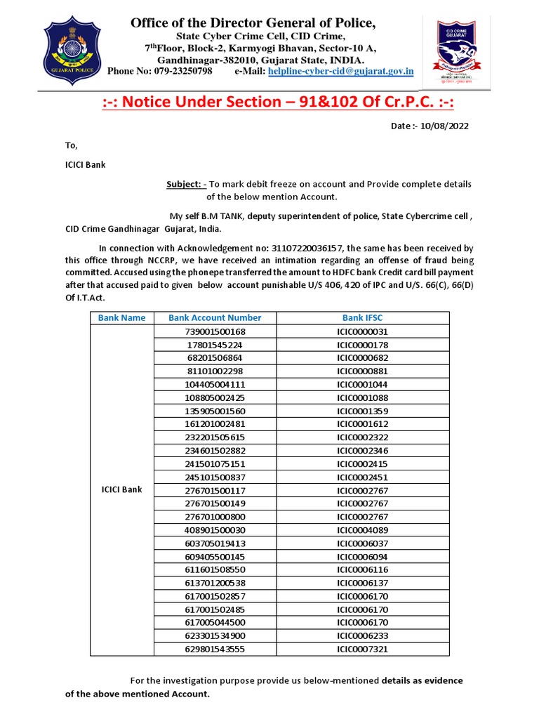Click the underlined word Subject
(x=184, y=184)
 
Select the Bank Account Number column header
(x=215, y=318)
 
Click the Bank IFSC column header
(x=362, y=318)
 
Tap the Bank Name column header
(x=121, y=318)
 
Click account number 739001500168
(x=215, y=331)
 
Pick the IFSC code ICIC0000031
(x=362, y=331)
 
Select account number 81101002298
(x=215, y=371)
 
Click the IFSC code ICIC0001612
(x=362, y=424)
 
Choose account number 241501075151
(x=215, y=464)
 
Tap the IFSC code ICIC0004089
(x=362, y=530)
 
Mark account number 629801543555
(x=215, y=649)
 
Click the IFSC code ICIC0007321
(x=362, y=649)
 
